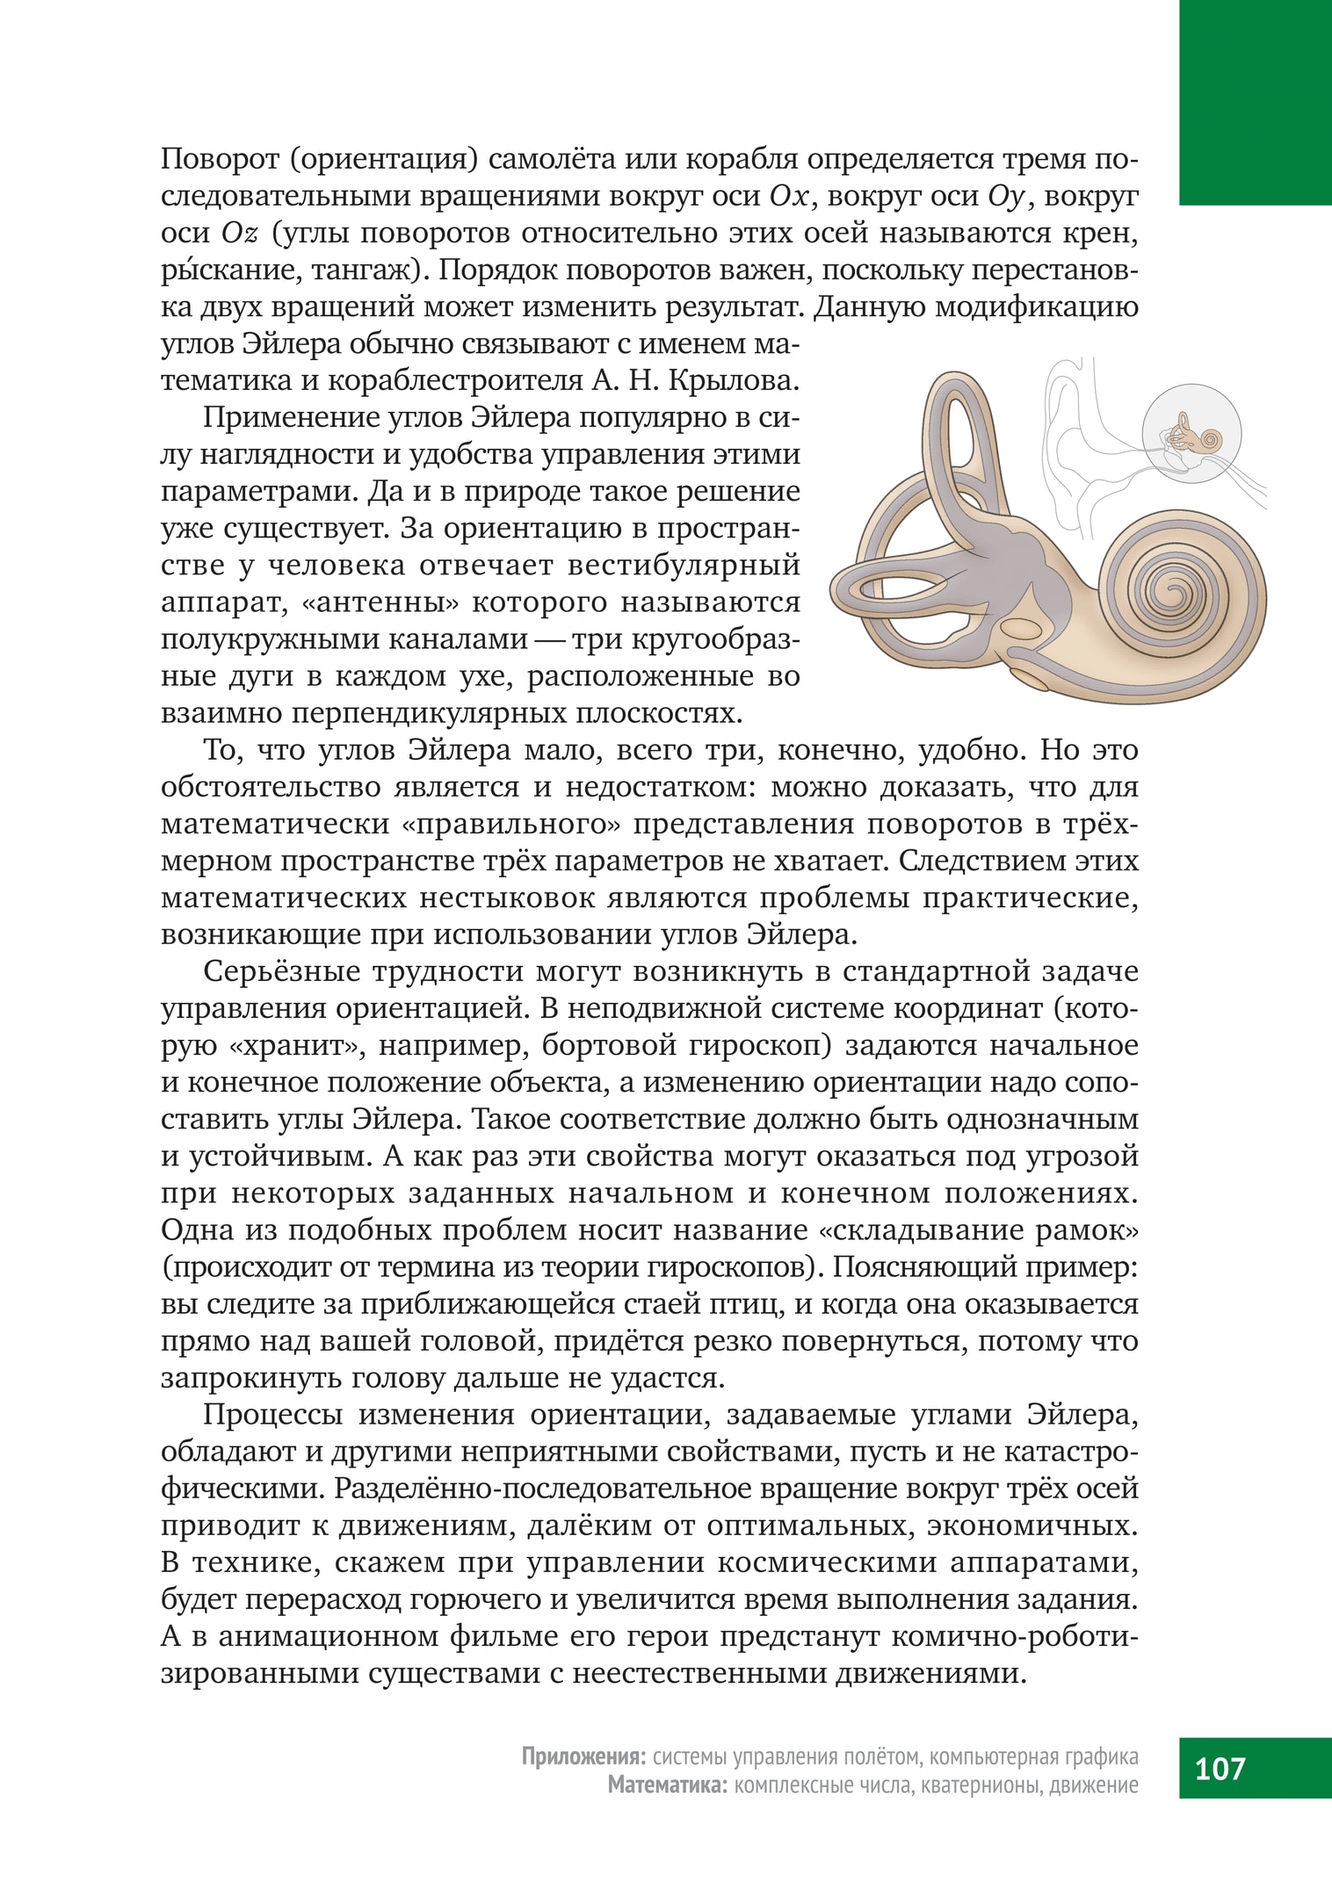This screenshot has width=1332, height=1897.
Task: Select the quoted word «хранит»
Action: pos(282,1047)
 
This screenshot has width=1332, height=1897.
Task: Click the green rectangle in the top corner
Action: pos(1256,102)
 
